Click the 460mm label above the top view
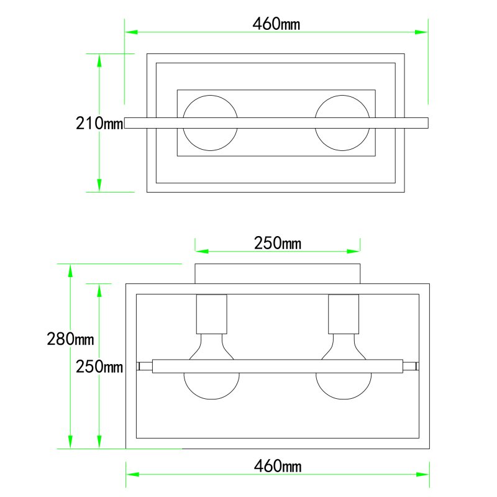coord(276,24)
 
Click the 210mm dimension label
coord(99,123)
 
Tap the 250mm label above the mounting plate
coord(277,243)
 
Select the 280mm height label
coord(70,339)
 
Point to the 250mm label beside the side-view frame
coord(99,367)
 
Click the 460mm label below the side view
coord(277,466)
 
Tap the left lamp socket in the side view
coord(212,314)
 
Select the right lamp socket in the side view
coord(344,314)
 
